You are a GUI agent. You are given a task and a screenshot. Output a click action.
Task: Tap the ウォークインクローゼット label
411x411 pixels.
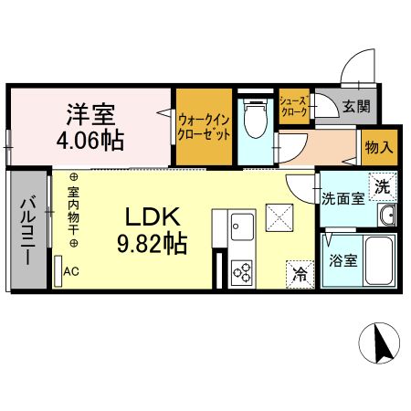(x=204, y=125)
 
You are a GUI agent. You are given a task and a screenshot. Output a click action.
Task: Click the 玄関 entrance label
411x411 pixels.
(x=356, y=107)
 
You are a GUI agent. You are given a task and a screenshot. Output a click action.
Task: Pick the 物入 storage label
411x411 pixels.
(x=378, y=146)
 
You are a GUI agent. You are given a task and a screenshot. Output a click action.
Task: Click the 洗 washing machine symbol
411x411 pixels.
(x=384, y=184)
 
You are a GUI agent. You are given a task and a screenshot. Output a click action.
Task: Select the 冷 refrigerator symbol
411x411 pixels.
(x=300, y=271)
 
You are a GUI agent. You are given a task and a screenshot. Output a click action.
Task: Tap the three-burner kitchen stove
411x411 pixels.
(x=243, y=270)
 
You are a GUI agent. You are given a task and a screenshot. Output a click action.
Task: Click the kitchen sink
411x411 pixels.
(x=242, y=224)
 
